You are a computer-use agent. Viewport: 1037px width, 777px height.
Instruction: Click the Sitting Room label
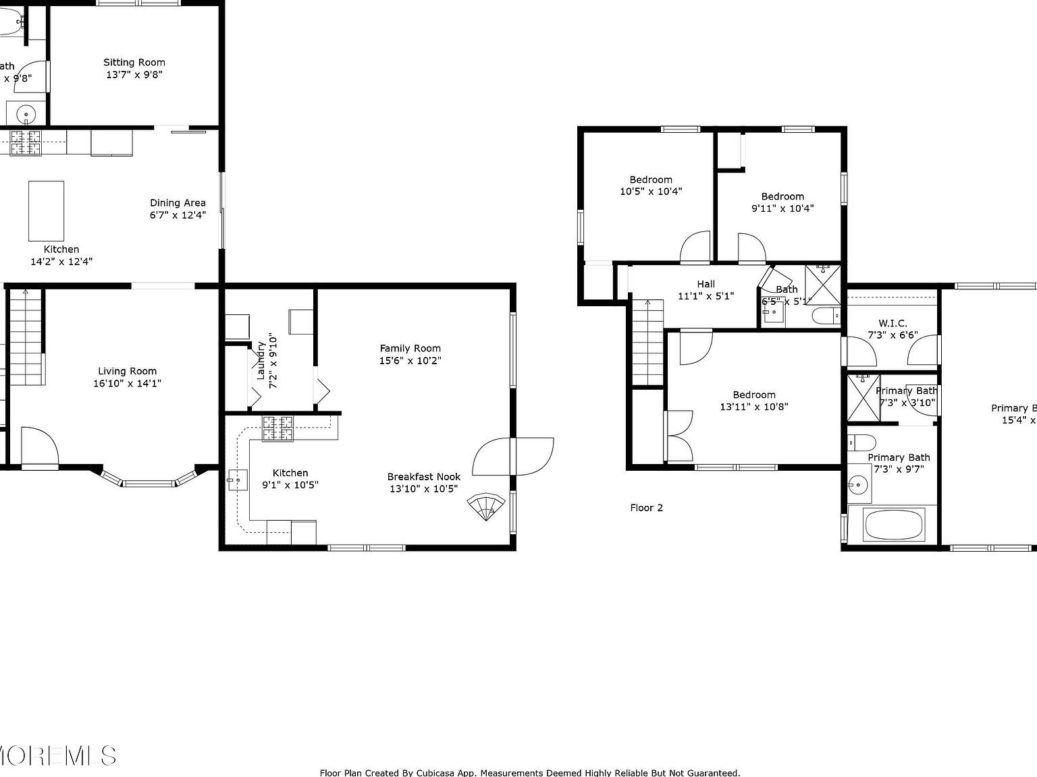coord(134,62)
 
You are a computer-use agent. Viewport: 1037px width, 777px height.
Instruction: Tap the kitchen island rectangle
coord(46,210)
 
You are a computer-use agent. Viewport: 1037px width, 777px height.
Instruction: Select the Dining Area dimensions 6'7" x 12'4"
coord(178,215)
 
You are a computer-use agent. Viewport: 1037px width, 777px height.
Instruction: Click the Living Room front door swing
coord(38,445)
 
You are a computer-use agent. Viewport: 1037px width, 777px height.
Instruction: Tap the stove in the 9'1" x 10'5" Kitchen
coord(277,429)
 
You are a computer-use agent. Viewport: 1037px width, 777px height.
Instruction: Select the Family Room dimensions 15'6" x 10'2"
coord(410,361)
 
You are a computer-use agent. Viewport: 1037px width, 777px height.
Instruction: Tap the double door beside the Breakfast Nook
coord(513,457)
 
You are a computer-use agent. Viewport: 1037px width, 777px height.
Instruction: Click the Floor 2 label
coord(646,508)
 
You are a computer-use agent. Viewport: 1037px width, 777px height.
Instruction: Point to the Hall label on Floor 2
coord(706,284)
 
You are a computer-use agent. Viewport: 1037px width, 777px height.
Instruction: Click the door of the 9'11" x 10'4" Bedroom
coord(751,248)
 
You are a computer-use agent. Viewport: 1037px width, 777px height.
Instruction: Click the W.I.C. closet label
coord(893,323)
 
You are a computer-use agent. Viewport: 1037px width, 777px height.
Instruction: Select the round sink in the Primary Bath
coord(858,484)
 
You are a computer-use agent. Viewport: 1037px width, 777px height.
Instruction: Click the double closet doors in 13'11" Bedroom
coord(679,435)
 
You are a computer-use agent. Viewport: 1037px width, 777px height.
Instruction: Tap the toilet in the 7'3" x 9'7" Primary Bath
coord(861,442)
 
